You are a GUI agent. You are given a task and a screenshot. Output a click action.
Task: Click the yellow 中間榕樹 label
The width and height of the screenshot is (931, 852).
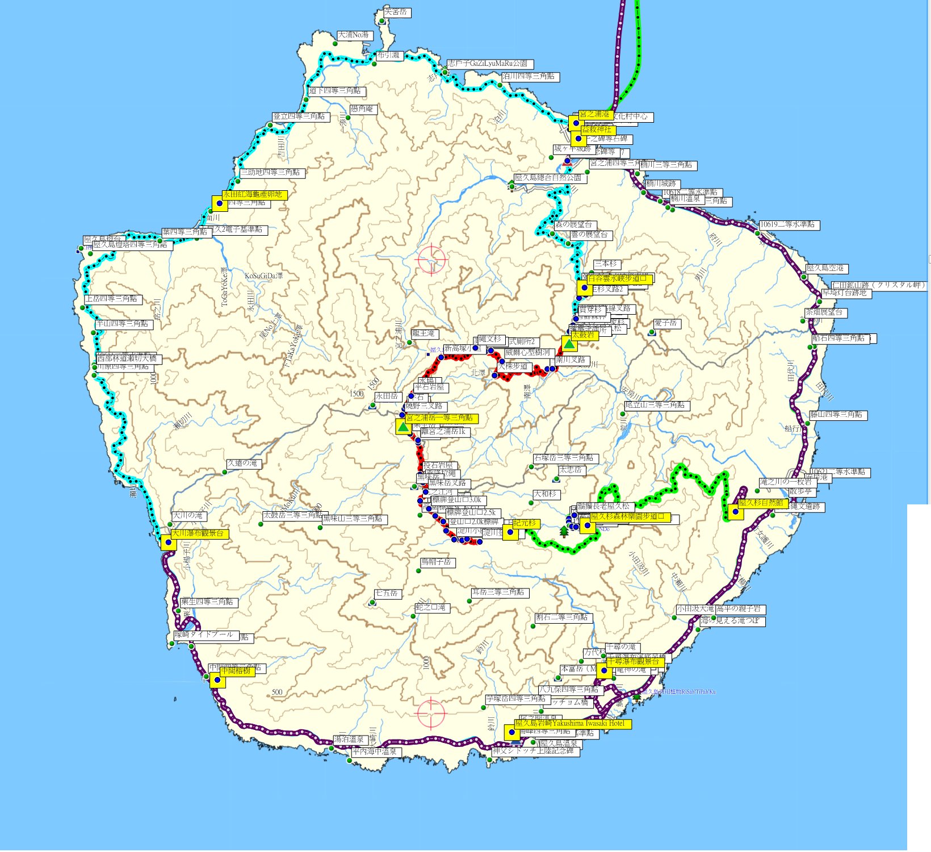[236, 671]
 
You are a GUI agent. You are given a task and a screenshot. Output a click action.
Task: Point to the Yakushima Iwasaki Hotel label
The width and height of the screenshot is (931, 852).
[572, 724]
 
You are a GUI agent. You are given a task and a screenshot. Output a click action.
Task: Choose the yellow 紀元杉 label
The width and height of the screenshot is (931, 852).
[525, 523]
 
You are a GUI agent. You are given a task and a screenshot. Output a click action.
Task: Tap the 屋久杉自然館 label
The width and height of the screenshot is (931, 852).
[761, 503]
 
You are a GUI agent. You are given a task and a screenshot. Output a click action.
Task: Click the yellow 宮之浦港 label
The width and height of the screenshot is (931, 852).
[594, 115]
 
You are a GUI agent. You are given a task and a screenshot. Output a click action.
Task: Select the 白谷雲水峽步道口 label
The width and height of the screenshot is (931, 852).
[620, 278]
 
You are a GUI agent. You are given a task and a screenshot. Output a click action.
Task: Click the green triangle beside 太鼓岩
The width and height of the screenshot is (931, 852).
[569, 344]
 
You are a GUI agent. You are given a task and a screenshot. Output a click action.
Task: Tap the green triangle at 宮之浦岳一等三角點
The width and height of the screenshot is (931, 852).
[403, 427]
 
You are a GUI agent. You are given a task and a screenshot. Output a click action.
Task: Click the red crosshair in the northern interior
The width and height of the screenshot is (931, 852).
[432, 259]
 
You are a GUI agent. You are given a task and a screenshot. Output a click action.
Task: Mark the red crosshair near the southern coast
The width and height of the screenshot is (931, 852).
[431, 713]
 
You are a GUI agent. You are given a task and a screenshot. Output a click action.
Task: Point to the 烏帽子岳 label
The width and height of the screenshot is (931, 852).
[436, 562]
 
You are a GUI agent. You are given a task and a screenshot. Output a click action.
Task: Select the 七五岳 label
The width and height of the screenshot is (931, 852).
[387, 594]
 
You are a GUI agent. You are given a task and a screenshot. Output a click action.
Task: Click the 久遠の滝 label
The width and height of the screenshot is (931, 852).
[242, 463]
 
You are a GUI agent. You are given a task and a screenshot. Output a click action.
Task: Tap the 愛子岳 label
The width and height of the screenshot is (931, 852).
[665, 323]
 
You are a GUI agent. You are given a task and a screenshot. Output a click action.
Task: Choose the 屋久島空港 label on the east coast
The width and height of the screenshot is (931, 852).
[825, 268]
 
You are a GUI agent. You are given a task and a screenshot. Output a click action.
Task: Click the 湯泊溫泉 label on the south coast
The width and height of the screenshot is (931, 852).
[349, 740]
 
